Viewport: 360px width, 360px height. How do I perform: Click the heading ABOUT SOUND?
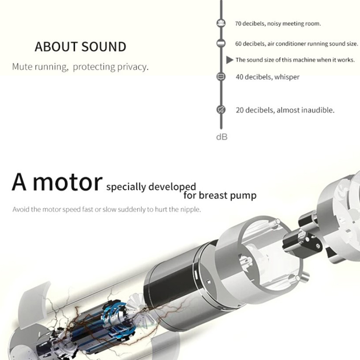(80, 47)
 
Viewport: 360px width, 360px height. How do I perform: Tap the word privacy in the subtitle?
(133, 67)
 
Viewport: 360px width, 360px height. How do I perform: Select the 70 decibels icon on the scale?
(221, 23)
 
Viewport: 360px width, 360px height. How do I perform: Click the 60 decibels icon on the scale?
(221, 43)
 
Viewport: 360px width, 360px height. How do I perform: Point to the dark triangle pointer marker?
(229, 60)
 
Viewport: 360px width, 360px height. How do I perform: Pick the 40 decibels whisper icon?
(221, 77)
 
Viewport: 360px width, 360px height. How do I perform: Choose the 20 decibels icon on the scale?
(221, 110)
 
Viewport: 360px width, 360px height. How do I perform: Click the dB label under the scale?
(222, 137)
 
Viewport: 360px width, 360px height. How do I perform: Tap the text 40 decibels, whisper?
(267, 77)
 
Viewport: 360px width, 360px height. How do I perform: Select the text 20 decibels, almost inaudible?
(285, 110)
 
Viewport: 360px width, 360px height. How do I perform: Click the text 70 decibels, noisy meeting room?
(278, 24)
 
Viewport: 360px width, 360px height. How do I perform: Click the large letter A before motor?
(20, 182)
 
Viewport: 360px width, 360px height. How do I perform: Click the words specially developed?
(151, 187)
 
